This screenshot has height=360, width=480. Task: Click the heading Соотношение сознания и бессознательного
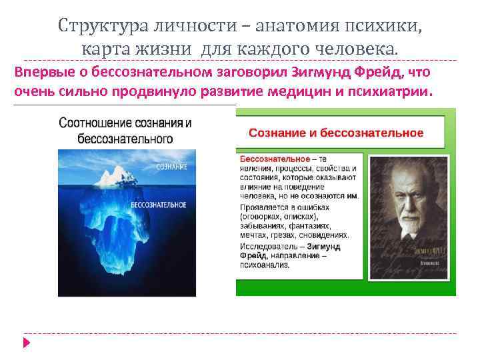(125, 131)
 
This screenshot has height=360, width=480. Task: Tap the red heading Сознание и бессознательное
(336, 133)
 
